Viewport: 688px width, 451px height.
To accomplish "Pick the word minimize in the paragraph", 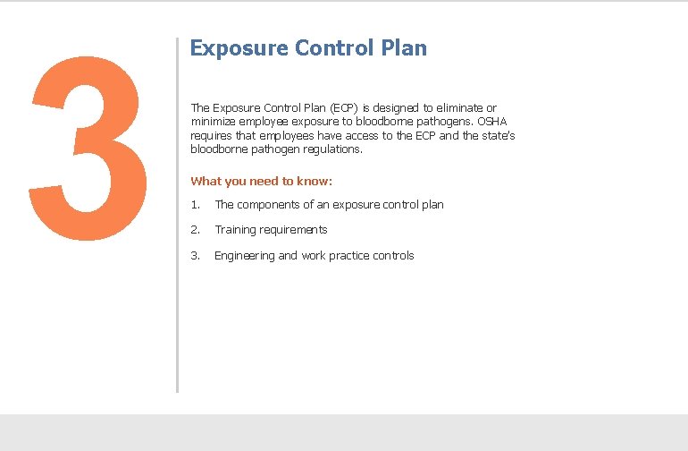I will pyautogui.click(x=213, y=122).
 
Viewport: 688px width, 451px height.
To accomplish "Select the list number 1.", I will pyautogui.click(x=195, y=205).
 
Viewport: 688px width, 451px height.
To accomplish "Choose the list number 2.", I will pyautogui.click(x=195, y=230).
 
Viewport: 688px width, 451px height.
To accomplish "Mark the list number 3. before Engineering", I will pyautogui.click(x=195, y=256).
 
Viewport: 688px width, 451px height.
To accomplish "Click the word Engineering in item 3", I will pyautogui.click(x=244, y=256).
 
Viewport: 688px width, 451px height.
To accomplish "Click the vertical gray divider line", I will pyautogui.click(x=177, y=215).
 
